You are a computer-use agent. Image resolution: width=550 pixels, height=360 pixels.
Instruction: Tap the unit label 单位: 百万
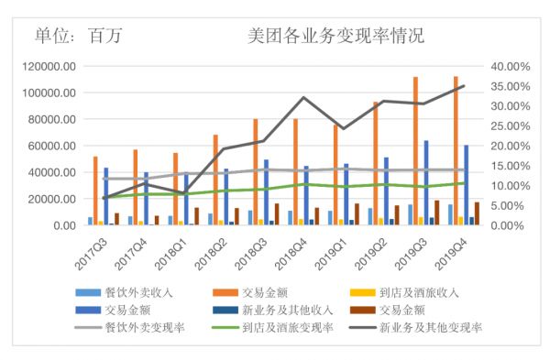(x=78, y=37)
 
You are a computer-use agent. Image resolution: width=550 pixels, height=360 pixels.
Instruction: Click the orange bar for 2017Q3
(x=95, y=191)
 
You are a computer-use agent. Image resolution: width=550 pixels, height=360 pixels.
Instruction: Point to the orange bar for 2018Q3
(x=255, y=171)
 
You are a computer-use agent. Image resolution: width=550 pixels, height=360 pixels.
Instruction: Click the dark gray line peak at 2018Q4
(x=303, y=98)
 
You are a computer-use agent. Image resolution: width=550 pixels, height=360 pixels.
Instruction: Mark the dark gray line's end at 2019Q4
(x=464, y=86)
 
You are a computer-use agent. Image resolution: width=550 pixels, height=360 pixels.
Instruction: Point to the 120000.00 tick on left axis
(x=49, y=67)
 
